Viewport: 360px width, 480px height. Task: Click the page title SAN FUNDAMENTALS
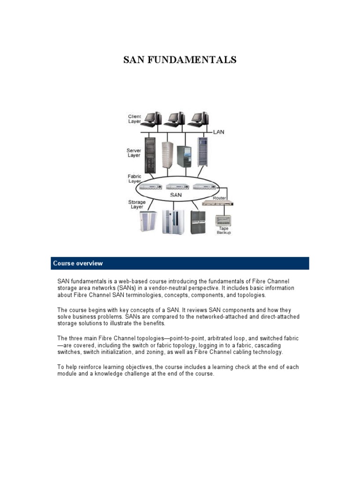[180, 60]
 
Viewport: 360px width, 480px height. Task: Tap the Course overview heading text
[78, 263]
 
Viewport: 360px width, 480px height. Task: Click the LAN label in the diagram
[218, 132]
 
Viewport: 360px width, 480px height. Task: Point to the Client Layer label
[135, 119]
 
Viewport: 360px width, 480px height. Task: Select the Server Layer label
[134, 153]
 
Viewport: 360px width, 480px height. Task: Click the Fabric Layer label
[135, 179]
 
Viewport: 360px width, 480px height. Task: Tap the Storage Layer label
[136, 204]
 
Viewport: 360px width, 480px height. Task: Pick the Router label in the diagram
[219, 198]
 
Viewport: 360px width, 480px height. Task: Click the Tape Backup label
[224, 231]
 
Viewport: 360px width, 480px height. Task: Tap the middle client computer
[174, 119]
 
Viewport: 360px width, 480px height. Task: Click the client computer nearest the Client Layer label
[152, 119]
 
